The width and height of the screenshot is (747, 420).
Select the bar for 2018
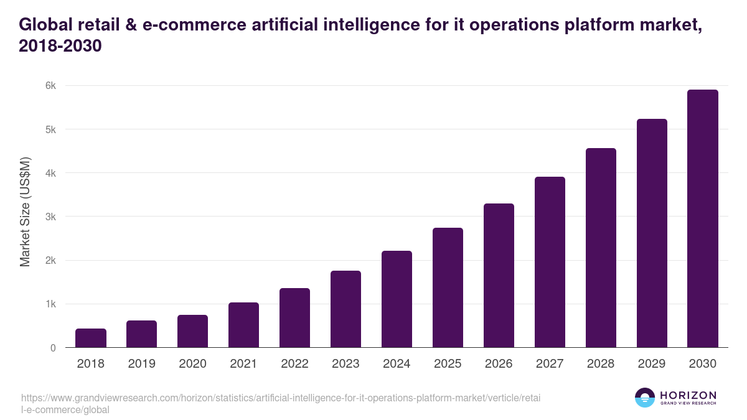coord(91,338)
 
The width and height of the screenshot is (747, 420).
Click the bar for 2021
coord(243,325)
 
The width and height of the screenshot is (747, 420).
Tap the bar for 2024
coord(397,299)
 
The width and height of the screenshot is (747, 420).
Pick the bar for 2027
coord(550,262)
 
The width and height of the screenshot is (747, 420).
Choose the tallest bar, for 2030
coord(703,218)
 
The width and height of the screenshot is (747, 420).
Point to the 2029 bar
coord(652,233)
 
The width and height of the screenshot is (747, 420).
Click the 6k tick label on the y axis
coord(49,86)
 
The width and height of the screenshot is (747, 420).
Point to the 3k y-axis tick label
coord(49,217)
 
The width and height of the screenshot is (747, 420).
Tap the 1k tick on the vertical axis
coord(49,304)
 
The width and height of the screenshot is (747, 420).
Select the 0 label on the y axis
coord(52,348)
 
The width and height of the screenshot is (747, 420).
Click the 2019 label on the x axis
coord(142,364)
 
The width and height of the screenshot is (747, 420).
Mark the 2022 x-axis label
coord(294,364)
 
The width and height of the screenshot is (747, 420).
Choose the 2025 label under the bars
coord(448,364)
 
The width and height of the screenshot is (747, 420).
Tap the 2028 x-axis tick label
coord(601,364)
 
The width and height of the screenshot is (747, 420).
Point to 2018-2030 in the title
coord(60,46)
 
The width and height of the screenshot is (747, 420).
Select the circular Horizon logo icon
coord(645,398)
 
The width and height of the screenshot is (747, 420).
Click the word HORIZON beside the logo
coord(688,395)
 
